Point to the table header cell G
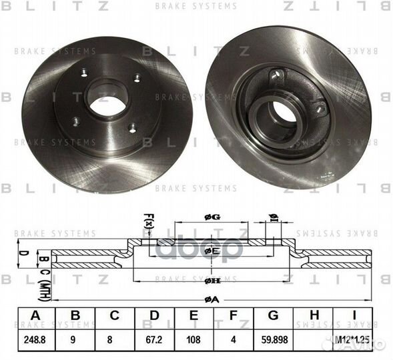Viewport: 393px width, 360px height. [273, 315]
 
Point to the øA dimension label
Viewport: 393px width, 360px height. [212, 300]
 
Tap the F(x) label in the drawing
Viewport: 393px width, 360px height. [148, 221]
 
